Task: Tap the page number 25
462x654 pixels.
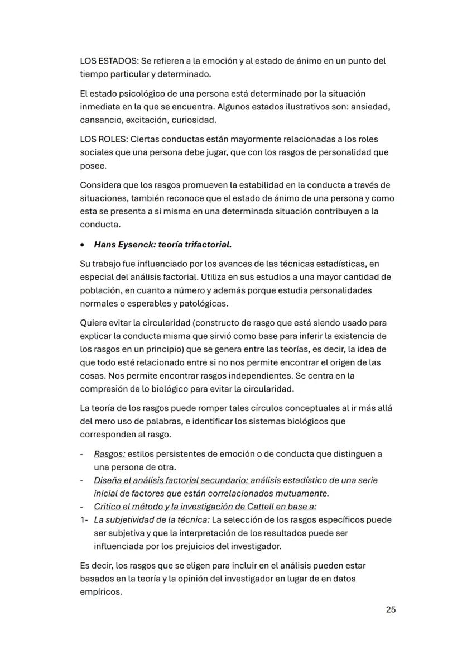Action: coord(391,609)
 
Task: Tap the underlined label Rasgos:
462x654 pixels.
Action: coord(109,454)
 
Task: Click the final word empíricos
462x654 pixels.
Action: coord(101,592)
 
